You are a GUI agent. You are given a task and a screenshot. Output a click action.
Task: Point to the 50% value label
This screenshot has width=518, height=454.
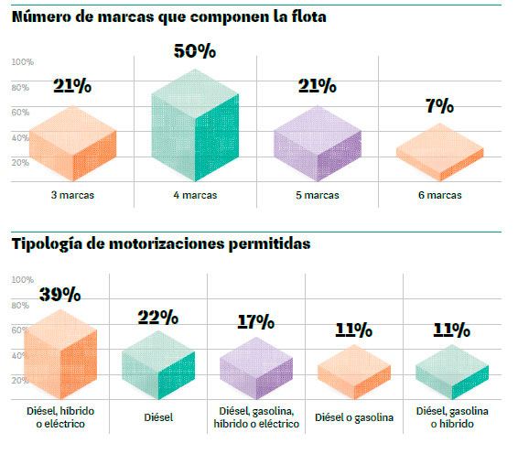194,51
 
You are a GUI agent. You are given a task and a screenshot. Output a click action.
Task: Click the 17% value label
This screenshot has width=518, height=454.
255,322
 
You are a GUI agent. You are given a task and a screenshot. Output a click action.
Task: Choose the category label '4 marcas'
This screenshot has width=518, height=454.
196,195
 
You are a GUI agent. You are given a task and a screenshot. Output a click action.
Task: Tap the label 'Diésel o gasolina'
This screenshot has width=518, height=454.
353,417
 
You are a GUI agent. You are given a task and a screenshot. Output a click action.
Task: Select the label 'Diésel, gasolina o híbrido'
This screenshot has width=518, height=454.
452,417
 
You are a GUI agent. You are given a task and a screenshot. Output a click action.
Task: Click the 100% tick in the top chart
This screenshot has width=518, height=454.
23,62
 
